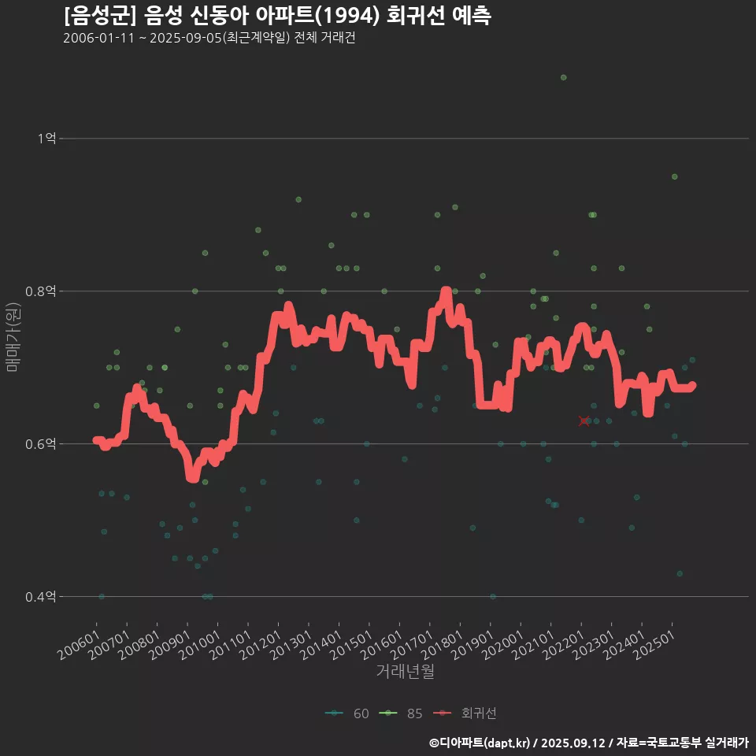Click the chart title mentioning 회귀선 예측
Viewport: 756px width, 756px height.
(x=277, y=16)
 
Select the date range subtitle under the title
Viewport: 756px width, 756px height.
(x=209, y=39)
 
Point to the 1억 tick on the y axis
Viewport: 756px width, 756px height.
(x=46, y=139)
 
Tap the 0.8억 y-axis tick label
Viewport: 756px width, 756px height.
(x=41, y=291)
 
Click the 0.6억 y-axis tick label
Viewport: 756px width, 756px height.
(x=41, y=444)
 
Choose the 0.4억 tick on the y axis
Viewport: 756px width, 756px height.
(x=41, y=597)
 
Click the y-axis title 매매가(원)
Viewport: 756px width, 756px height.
(x=13, y=336)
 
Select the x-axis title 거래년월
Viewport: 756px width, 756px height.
(x=405, y=671)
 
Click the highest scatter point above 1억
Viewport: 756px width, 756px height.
(x=563, y=77)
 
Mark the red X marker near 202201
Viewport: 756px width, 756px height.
(x=584, y=421)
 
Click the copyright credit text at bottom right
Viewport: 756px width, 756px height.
(x=588, y=743)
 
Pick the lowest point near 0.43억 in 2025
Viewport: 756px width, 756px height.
(x=680, y=573)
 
